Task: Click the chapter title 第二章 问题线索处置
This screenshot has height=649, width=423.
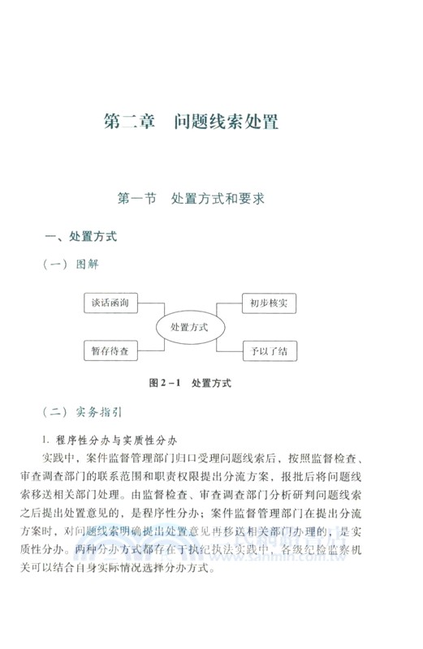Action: click(x=192, y=122)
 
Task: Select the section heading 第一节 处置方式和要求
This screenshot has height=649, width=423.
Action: click(x=192, y=197)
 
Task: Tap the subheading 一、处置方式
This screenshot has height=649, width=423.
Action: click(x=80, y=237)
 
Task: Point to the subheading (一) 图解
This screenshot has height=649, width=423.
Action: click(x=75, y=264)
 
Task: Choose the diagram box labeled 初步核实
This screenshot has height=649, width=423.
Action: click(x=269, y=303)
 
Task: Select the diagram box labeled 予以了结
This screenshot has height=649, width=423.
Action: click(x=269, y=351)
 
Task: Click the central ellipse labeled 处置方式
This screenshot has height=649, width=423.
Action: click(x=189, y=327)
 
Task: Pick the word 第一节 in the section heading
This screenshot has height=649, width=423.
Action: click(x=137, y=197)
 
